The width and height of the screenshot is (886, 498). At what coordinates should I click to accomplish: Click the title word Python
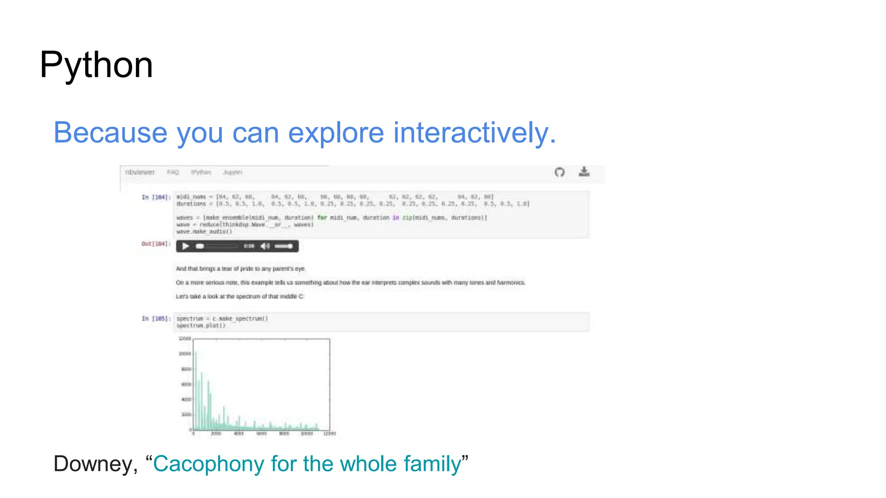(96, 65)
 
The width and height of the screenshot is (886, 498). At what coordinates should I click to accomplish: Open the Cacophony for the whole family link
(307, 464)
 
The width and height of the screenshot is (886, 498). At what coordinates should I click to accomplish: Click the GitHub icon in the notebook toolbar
(559, 172)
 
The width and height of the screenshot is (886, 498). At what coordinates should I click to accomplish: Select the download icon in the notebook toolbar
(584, 172)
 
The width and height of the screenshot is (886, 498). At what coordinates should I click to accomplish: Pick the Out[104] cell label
(155, 244)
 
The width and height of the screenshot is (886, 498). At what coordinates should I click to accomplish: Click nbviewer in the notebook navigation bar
(139, 172)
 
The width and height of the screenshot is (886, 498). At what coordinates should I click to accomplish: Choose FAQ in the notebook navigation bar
(173, 172)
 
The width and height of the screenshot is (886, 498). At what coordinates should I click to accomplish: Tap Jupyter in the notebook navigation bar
(232, 172)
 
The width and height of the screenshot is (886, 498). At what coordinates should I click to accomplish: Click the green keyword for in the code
(322, 217)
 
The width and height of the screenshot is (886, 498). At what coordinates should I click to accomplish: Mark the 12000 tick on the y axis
(185, 338)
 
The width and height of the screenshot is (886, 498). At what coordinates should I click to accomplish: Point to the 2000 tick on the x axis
(216, 433)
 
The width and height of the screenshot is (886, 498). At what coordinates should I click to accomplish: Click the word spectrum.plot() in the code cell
(201, 326)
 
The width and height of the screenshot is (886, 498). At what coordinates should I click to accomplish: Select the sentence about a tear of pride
(241, 268)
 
